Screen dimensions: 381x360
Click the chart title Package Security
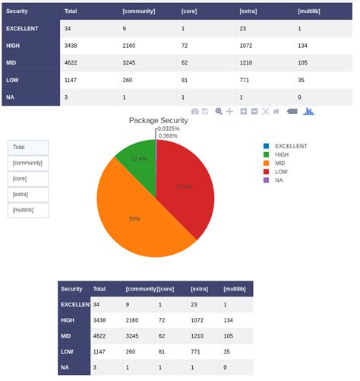(x=158, y=120)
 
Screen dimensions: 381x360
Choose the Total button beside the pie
(x=28, y=148)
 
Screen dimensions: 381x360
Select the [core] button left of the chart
(x=28, y=179)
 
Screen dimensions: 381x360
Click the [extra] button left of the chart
(x=28, y=195)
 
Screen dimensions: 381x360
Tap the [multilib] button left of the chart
(x=28, y=211)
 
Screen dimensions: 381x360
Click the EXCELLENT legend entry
(x=289, y=145)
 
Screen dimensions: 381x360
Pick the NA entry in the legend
(x=279, y=179)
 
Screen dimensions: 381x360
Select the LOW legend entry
(x=282, y=171)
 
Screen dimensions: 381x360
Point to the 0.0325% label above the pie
(x=169, y=129)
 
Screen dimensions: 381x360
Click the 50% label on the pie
(x=134, y=219)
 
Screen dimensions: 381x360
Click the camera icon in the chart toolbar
(x=195, y=111)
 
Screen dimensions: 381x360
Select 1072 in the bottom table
(x=200, y=320)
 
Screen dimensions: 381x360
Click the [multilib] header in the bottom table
(x=235, y=289)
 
